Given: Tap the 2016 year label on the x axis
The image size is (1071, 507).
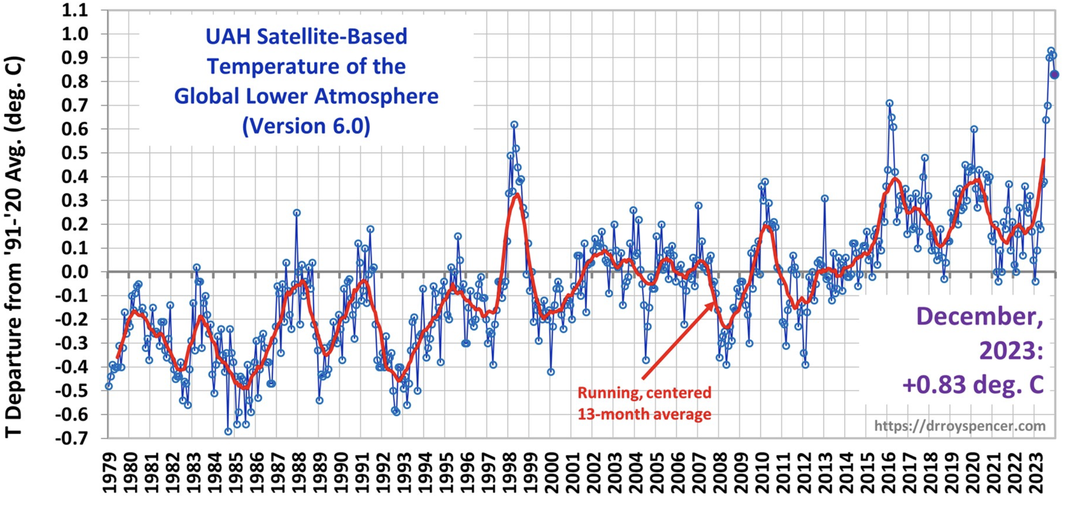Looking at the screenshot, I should pyautogui.click(x=889, y=473).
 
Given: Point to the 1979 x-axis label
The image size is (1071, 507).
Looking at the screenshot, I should pyautogui.click(x=110, y=473).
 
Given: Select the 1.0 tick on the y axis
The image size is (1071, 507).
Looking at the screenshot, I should pyautogui.click(x=75, y=34).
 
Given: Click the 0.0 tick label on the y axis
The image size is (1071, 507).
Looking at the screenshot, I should pyautogui.click(x=75, y=272).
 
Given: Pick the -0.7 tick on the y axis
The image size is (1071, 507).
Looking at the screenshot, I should pyautogui.click(x=72, y=438).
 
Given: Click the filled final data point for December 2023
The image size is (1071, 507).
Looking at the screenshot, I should pyautogui.click(x=1055, y=75).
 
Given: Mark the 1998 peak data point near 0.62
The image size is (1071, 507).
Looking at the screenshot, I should pyautogui.click(x=514, y=125).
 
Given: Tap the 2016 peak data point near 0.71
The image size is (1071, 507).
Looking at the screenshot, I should pyautogui.click(x=889, y=103).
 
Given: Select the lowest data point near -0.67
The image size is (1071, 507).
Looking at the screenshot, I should pyautogui.click(x=228, y=431).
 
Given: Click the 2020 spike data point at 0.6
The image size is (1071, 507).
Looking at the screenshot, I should pyautogui.click(x=974, y=129).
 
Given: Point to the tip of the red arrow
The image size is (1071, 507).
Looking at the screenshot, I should pyautogui.click(x=714, y=303).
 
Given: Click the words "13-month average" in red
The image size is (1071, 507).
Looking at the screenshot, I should pyautogui.click(x=644, y=414).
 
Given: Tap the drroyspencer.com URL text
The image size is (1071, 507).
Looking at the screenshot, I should pyautogui.click(x=960, y=425).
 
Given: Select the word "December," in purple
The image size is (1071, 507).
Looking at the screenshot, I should pyautogui.click(x=979, y=316).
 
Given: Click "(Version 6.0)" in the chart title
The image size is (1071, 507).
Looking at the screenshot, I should pyautogui.click(x=306, y=126).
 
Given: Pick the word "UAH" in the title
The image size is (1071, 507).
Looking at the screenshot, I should pyautogui.click(x=229, y=36).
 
